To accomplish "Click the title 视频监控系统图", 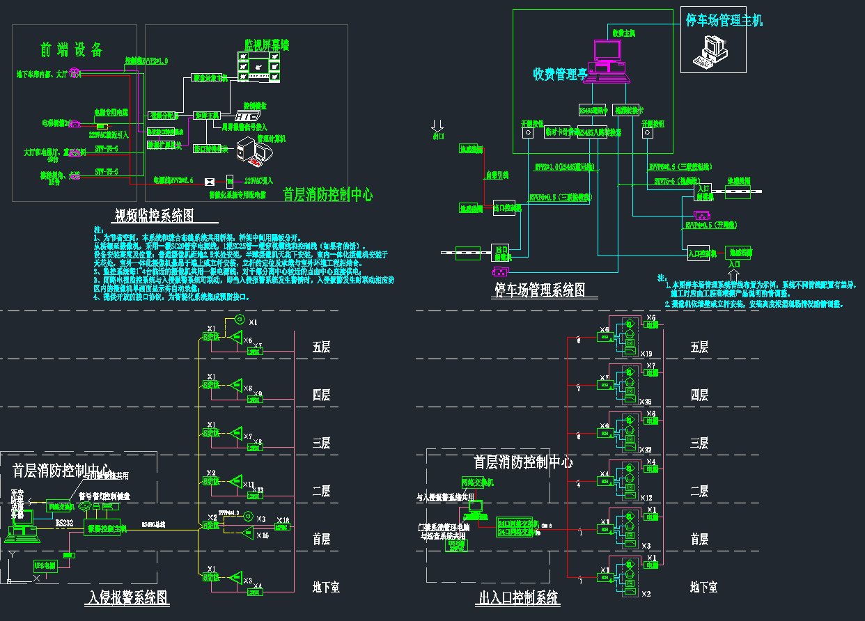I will click(x=153, y=215).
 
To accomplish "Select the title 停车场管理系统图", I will click(x=540, y=290).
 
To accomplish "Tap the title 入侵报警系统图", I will click(x=129, y=597).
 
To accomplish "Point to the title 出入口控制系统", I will click(x=519, y=598).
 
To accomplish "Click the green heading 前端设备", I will click(x=71, y=49).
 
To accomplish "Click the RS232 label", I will click(x=64, y=521).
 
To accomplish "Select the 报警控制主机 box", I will click(x=107, y=529).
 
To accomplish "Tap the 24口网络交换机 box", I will click(x=518, y=527).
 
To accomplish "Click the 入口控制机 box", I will click(x=701, y=253).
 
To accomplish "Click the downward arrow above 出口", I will click(x=437, y=125).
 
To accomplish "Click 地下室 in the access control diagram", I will click(x=703, y=587).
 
